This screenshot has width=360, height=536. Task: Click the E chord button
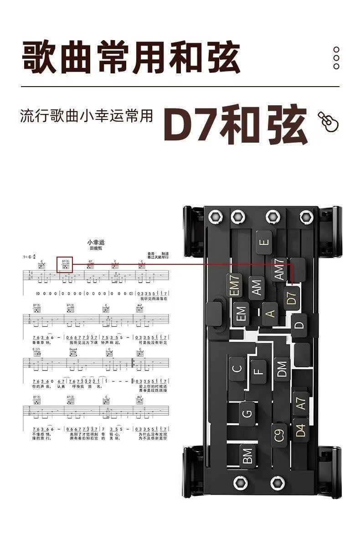tap(264, 242)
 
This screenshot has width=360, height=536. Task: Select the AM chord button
tap(257, 288)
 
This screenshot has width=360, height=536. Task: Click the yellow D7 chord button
tap(293, 297)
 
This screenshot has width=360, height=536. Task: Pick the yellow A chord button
tap(270, 314)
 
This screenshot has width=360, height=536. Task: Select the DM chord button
tap(282, 369)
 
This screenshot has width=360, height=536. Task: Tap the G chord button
tap(247, 413)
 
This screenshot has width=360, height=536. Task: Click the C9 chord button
tap(279, 435)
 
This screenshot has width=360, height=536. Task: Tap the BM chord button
tap(247, 456)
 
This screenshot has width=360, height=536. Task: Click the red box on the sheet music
tap(65, 265)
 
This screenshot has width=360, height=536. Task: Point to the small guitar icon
tap(328, 122)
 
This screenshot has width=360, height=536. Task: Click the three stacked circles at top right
tap(336, 58)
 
